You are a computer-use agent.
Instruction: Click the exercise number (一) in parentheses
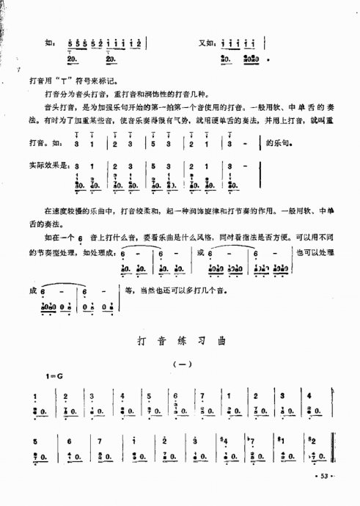pos(180,364)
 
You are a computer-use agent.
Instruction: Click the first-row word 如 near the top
pos(48,43)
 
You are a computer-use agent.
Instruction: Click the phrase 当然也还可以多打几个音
pos(176,290)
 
